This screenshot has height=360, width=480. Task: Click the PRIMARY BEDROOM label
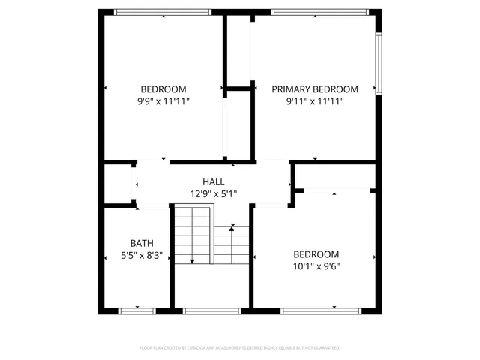click(315, 88)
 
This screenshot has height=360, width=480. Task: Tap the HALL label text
click(213, 182)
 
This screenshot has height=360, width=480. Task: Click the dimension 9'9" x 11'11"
click(163, 100)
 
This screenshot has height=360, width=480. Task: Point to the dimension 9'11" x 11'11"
click(315, 100)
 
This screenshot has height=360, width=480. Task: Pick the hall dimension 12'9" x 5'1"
click(213, 194)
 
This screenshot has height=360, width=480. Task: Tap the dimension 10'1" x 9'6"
click(316, 266)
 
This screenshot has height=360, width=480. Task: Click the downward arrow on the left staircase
click(192, 259)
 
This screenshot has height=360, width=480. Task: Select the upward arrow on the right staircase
click(234, 226)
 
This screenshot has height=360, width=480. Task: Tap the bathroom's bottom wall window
click(137, 309)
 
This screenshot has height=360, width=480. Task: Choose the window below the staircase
click(212, 309)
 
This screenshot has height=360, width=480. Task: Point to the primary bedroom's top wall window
click(320, 11)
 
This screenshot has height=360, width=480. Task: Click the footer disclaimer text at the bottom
click(240, 348)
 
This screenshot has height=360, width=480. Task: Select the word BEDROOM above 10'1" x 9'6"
click(316, 254)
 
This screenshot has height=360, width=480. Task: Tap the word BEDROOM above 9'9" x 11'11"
click(163, 88)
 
